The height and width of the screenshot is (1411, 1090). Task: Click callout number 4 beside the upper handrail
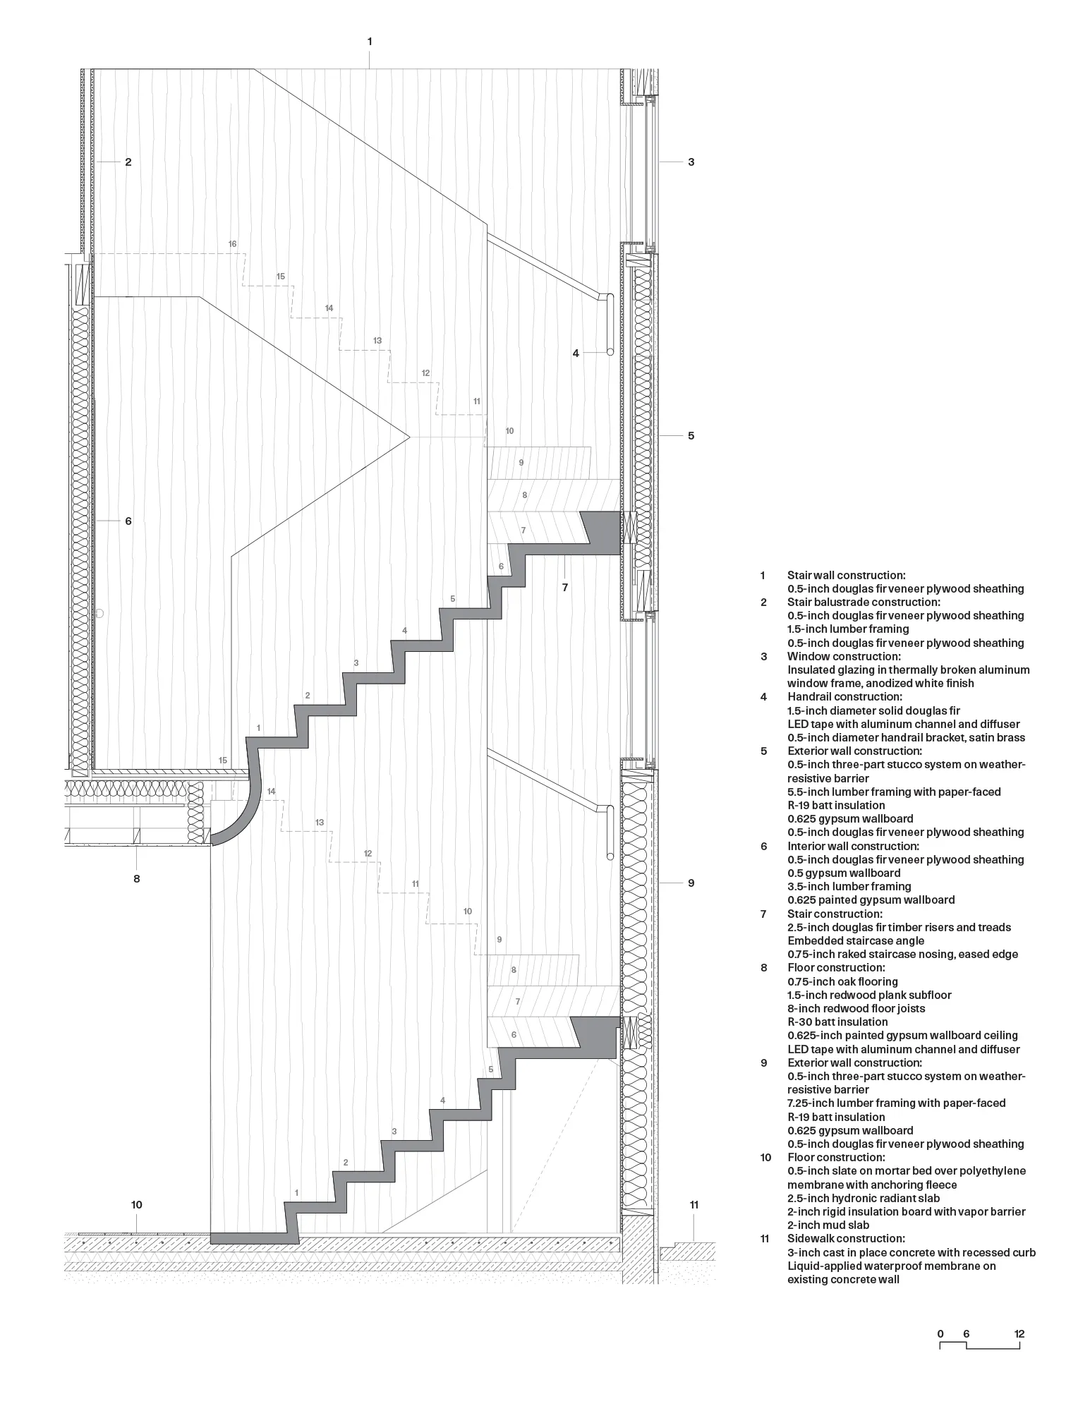pos(576,353)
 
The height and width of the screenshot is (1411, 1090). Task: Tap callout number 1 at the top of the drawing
pos(370,42)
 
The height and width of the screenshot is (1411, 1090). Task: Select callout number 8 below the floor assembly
pos(137,878)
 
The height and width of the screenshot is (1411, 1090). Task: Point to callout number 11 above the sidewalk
pos(694,1204)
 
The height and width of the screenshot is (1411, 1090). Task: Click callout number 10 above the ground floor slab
pos(137,1204)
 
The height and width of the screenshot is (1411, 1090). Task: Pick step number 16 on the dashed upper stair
pos(232,244)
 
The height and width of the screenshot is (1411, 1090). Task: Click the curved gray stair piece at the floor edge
pos(240,818)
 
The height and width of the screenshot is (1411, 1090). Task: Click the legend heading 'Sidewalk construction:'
pos(846,1238)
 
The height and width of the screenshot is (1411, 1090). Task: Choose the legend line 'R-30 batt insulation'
pos(837,1022)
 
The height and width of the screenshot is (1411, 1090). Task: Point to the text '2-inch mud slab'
pos(828,1225)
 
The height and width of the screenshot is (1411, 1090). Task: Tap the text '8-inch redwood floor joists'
pos(856,1008)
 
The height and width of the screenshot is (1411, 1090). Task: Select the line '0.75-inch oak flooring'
pos(842,981)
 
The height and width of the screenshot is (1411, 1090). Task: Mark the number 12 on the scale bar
pos(1019,1333)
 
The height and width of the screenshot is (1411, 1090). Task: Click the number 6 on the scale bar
pos(966,1333)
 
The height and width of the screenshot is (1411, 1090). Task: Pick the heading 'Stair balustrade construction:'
pos(864,602)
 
